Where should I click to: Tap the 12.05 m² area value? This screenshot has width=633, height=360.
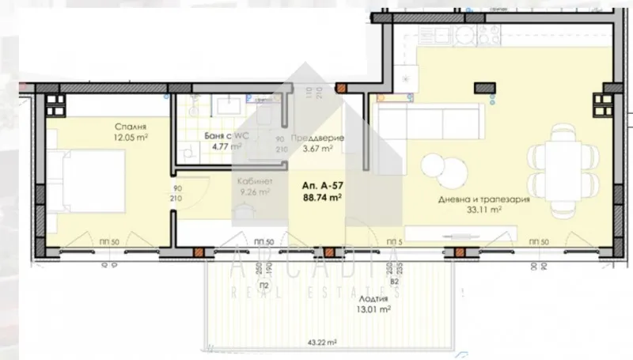point(131,136)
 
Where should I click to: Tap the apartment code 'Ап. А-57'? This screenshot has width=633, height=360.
point(322,187)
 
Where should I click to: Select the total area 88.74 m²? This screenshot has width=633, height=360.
point(322,198)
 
